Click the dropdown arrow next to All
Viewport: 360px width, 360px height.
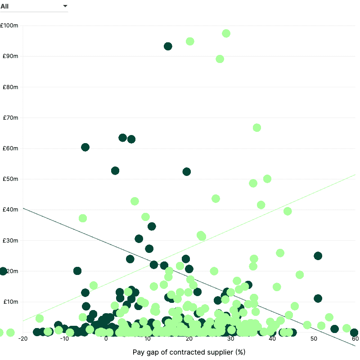click(65, 6)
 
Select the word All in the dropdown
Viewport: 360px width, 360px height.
click(4, 6)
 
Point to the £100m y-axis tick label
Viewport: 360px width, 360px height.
click(9, 25)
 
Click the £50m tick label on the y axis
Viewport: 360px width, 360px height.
click(10, 179)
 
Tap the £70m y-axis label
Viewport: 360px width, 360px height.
click(10, 117)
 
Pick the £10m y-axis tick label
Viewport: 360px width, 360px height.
click(10, 301)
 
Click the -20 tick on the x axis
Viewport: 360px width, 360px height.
click(23, 339)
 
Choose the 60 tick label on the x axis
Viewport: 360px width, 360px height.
click(355, 339)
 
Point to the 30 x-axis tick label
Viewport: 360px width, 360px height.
click(231, 339)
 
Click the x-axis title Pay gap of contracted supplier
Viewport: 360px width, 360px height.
click(189, 352)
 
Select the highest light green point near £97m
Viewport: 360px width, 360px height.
click(226, 33)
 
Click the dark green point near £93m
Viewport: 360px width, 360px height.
click(168, 46)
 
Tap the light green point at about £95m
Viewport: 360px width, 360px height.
click(190, 41)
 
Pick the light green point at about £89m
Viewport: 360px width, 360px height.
click(220, 59)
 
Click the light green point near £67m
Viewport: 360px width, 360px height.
click(257, 128)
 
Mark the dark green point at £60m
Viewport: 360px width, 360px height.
click(85, 147)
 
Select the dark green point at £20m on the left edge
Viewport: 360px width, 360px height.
click(3, 271)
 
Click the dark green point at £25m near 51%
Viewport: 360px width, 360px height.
click(318, 256)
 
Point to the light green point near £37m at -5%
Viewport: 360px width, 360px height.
click(83, 218)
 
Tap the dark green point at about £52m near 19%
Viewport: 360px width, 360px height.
click(187, 171)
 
